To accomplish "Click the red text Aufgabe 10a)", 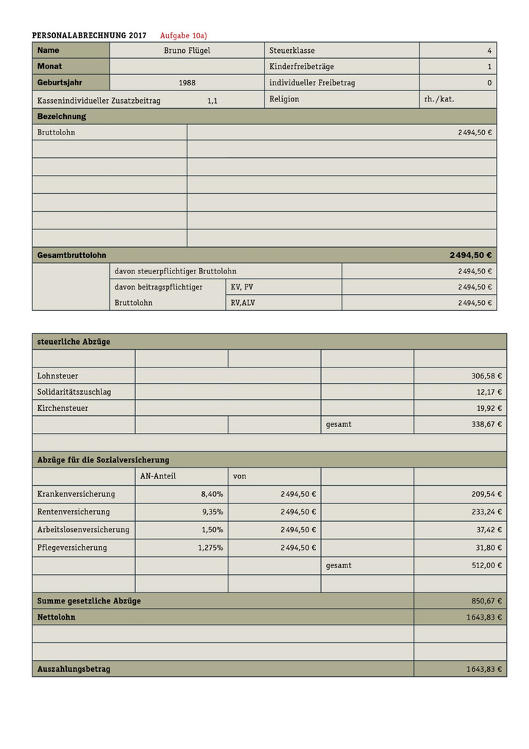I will (x=184, y=35).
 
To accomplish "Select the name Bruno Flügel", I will (x=187, y=51).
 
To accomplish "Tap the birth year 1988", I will (x=187, y=83).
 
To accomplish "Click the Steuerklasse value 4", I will (x=489, y=51).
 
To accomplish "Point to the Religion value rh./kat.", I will (x=439, y=99).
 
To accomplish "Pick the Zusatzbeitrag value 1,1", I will (x=212, y=101).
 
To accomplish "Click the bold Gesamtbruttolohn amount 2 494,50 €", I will (x=470, y=255).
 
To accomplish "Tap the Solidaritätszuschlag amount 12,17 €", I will (x=489, y=393).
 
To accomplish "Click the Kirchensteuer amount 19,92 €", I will (x=489, y=409).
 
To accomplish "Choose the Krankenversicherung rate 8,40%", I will (x=212, y=494).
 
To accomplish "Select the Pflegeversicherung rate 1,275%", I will (x=210, y=548).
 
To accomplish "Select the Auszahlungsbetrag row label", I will (x=73, y=670).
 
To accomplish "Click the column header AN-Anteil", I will (x=158, y=476).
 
